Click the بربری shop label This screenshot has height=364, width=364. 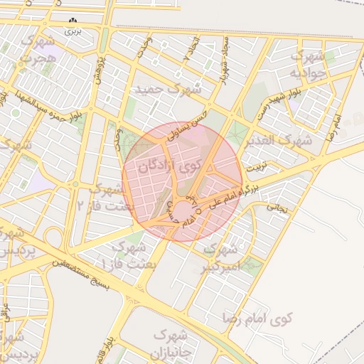coord(73,31)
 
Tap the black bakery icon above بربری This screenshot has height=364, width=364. coord(73,21)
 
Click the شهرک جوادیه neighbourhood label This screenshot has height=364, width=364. coord(310,64)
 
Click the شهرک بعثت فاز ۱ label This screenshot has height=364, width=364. coord(125,255)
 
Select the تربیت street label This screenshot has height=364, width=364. coord(255,168)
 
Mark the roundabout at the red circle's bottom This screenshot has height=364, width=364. coord(183,210)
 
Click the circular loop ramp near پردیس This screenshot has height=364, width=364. coord(55,237)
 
